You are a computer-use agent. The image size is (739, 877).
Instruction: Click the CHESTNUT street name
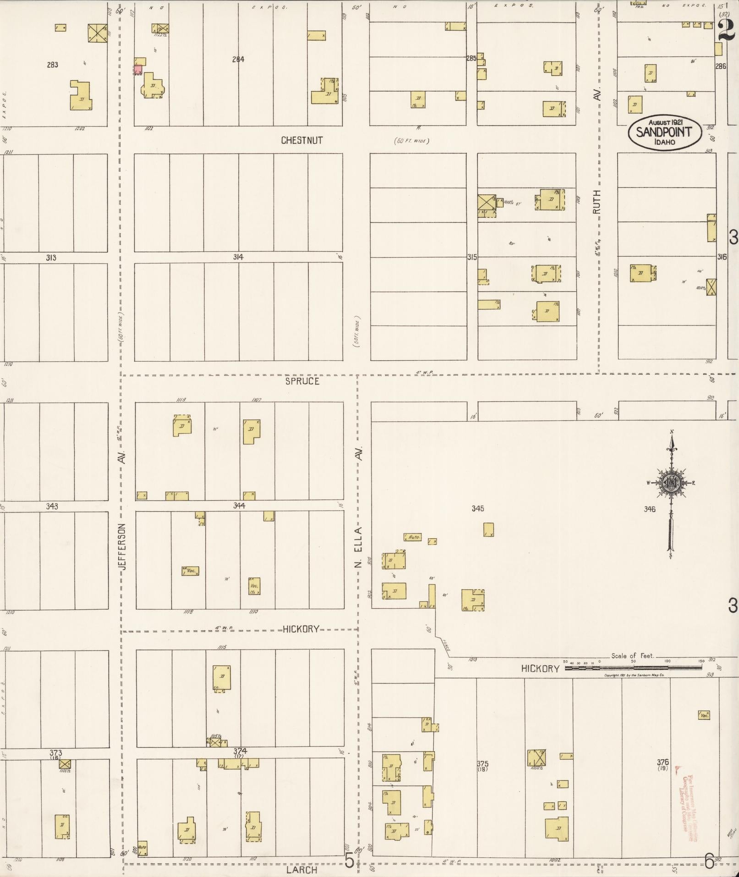(x=301, y=140)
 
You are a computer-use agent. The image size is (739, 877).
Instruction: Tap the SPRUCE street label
(x=302, y=381)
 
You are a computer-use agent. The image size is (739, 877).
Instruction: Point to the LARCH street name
(x=301, y=870)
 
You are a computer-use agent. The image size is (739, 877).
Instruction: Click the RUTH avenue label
(x=596, y=202)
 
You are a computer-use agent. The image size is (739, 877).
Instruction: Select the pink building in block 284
(x=137, y=70)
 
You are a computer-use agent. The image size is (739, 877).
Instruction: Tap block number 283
(x=52, y=65)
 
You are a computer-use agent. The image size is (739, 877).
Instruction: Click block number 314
(x=238, y=257)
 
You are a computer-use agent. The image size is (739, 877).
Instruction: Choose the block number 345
(x=477, y=508)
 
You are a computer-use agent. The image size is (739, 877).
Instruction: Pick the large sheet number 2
(x=726, y=30)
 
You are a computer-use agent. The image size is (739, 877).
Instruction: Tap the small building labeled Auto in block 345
(x=412, y=536)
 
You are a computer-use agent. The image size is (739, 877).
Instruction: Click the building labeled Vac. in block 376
(x=704, y=715)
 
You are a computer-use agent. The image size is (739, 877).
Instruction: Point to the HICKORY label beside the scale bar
(x=540, y=669)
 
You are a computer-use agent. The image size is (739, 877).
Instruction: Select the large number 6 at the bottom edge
(x=709, y=862)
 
